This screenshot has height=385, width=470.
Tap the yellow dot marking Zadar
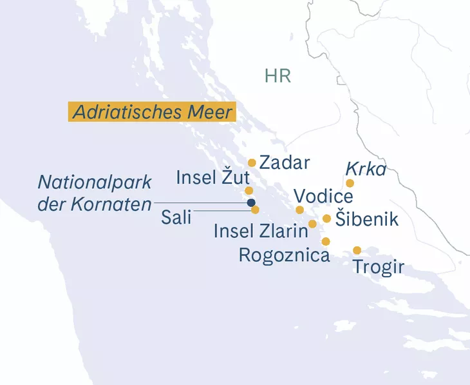coord(252,163)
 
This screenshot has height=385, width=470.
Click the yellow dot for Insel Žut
coord(249,191)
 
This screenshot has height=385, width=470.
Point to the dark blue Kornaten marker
coord(251,202)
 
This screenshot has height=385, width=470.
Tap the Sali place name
coord(176,217)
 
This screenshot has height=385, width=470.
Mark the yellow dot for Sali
coord(256,210)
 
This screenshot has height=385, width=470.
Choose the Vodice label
coord(323,195)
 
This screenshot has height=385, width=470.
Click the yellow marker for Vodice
coord(299,210)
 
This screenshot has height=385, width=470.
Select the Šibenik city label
coord(367,219)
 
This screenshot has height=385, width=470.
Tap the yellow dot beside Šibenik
coord(327,219)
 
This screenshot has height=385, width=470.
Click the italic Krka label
coord(366,169)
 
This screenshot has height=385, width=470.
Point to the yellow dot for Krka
coord(350,183)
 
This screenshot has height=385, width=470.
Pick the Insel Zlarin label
coord(261,231)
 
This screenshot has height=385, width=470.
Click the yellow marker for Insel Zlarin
coord(313,224)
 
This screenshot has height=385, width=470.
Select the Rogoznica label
coord(284,255)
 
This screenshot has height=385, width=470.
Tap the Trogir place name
coord(379,267)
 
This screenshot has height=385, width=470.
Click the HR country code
coord(277,76)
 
